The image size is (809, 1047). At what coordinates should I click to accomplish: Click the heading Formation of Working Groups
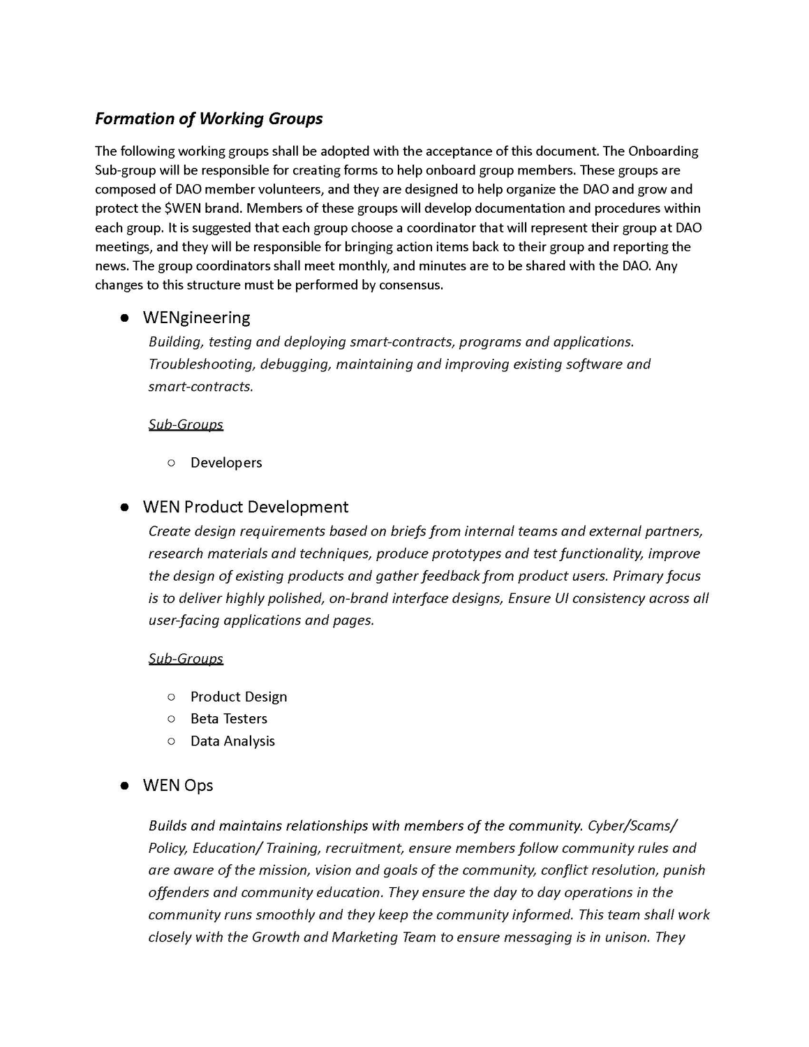[209, 119]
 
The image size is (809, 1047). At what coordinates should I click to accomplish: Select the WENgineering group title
[196, 318]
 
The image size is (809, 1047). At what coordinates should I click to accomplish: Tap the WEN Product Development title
[245, 507]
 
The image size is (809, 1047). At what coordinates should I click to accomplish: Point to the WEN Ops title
[178, 785]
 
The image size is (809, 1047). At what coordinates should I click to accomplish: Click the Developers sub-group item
[226, 463]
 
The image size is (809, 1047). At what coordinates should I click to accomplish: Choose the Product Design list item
[239, 697]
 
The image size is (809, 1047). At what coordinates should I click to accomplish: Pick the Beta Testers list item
[229, 719]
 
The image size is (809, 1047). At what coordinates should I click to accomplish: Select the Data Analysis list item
[232, 741]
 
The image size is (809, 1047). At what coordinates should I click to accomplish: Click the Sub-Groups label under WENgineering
[186, 424]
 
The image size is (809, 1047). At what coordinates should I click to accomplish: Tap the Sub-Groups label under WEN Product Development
[186, 658]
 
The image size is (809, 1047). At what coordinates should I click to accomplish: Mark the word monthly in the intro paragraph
[365, 266]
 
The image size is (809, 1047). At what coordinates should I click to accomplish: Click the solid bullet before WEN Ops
[124, 785]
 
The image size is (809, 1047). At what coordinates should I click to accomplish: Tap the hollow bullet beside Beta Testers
[171, 719]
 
